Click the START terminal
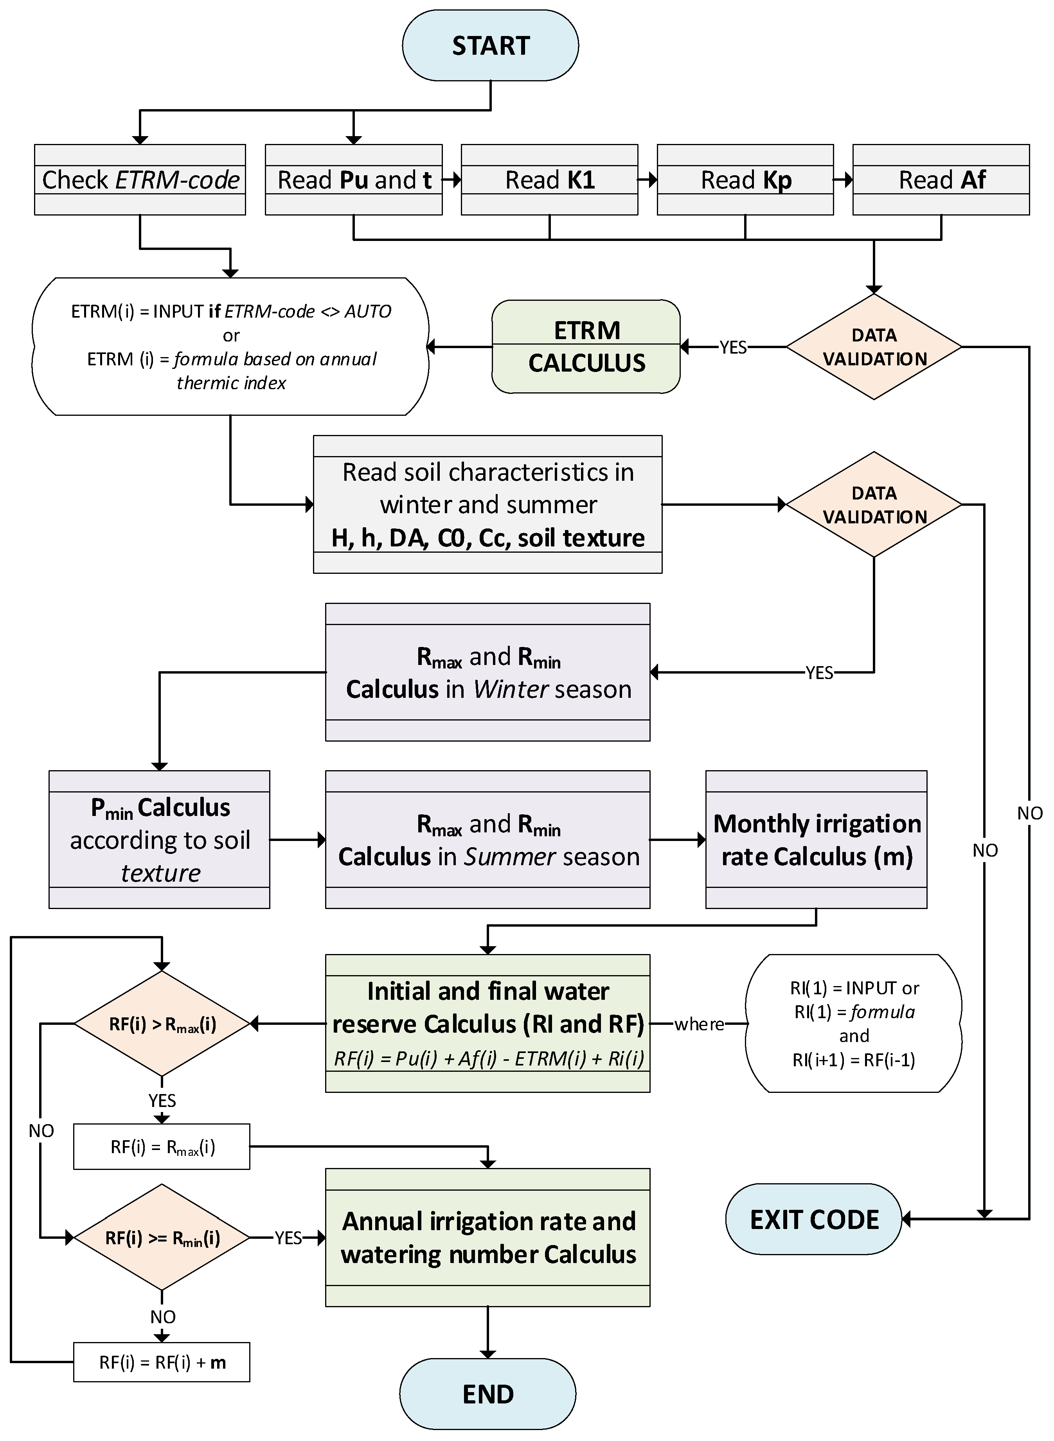point(490,46)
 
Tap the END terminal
point(487,1393)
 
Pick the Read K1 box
point(549,180)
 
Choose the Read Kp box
point(745,180)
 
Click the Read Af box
point(941,180)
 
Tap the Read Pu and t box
point(353,180)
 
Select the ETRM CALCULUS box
point(586,347)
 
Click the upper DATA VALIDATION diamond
point(873,347)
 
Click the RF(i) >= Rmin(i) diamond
point(162,1238)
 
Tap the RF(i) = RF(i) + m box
point(162,1362)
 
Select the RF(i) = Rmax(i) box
point(162,1147)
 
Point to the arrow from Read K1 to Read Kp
point(648,180)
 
